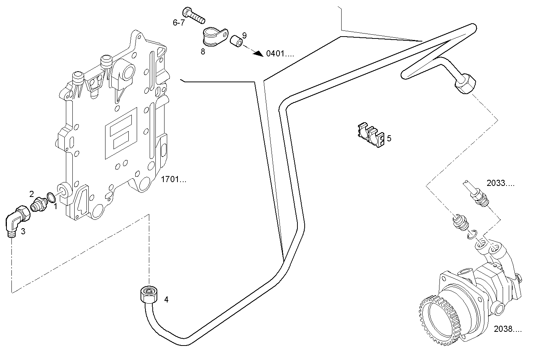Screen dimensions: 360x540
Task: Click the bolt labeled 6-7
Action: pyautogui.click(x=193, y=15)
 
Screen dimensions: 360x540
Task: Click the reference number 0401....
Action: pyautogui.click(x=280, y=54)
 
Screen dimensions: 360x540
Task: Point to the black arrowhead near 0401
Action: pyautogui.click(x=259, y=53)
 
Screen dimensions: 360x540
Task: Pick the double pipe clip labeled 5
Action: pyautogui.click(x=371, y=136)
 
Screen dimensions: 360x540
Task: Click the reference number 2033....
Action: pyautogui.click(x=500, y=184)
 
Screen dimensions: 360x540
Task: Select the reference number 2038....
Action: pyautogui.click(x=508, y=328)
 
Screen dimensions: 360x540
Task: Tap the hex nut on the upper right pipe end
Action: pyautogui.click(x=465, y=84)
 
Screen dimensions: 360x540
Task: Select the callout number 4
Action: pyautogui.click(x=166, y=300)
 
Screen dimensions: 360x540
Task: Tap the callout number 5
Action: pyautogui.click(x=389, y=138)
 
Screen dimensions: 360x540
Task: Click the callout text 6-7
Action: pyautogui.click(x=179, y=23)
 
